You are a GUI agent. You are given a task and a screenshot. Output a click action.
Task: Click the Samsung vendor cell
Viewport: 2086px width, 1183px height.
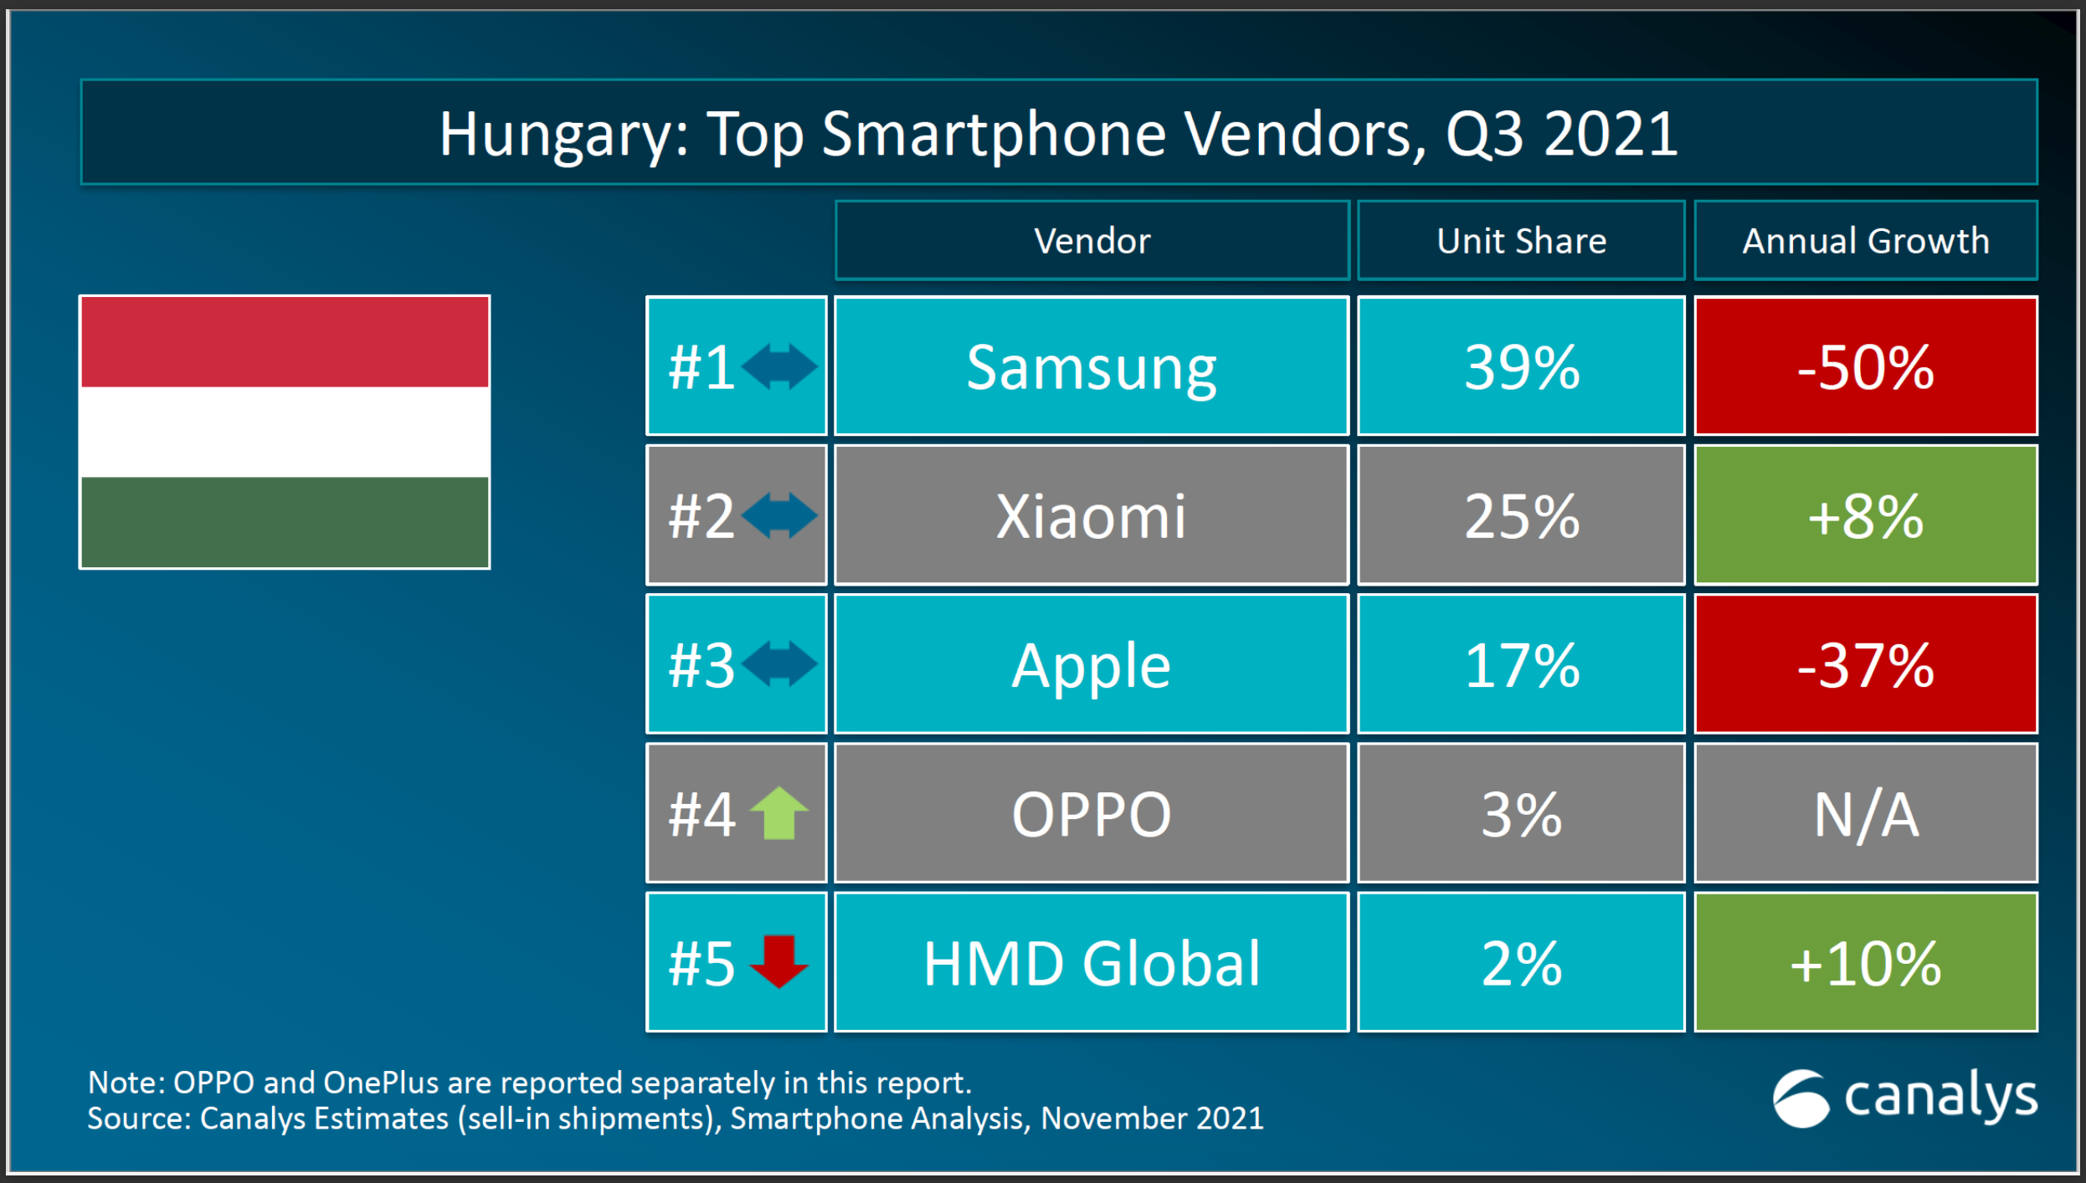[x=1091, y=366]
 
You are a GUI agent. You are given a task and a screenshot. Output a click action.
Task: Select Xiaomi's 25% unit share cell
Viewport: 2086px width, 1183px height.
[x=1520, y=515]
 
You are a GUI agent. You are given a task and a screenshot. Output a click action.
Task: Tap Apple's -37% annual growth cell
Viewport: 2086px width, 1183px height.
[x=1865, y=665]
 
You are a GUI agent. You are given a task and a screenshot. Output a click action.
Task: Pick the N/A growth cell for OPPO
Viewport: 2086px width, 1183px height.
[x=1865, y=813]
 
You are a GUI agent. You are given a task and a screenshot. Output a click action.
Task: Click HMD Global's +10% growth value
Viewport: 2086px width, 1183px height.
[x=1865, y=963]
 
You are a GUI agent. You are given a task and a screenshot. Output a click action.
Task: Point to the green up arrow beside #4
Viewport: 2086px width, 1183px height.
[x=778, y=813]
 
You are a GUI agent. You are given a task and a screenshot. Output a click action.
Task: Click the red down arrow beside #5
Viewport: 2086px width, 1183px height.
[x=778, y=961]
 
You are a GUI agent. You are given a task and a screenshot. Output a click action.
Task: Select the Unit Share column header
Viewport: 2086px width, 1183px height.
[x=1520, y=241]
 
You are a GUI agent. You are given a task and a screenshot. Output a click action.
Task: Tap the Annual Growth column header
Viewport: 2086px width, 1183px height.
[x=1865, y=241]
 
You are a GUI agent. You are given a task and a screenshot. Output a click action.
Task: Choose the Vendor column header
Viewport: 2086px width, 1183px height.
[x=1091, y=241]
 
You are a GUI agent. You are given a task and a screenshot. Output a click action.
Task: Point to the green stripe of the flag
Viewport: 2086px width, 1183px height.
[x=285, y=521]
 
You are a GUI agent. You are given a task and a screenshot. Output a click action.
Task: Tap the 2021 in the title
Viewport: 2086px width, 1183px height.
[x=1611, y=135]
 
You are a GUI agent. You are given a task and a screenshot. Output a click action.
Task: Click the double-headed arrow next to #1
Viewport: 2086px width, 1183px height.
[x=778, y=366]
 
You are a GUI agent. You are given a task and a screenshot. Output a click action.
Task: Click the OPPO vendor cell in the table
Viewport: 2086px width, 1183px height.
[x=1091, y=813]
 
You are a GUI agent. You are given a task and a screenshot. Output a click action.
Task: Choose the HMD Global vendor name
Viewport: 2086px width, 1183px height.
[x=1091, y=963]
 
